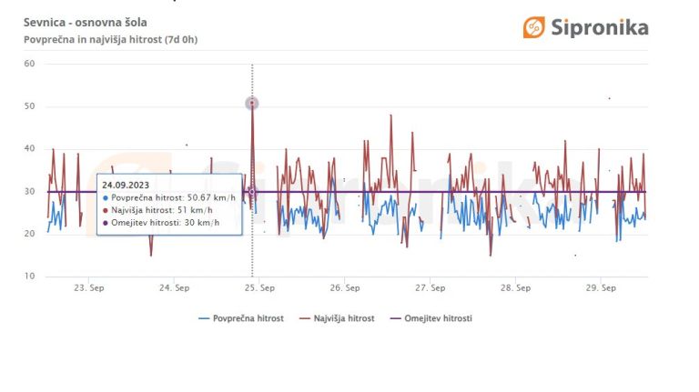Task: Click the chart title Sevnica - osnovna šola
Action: click(x=86, y=22)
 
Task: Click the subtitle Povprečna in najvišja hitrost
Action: click(x=110, y=39)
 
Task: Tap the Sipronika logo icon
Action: click(x=534, y=27)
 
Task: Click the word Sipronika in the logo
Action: click(x=599, y=27)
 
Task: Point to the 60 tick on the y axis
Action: click(x=29, y=64)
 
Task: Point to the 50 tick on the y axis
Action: click(x=29, y=106)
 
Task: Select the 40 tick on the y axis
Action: click(x=29, y=148)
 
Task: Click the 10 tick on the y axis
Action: click(x=29, y=276)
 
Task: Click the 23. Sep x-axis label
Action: click(x=87, y=288)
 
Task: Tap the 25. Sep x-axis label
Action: click(x=258, y=288)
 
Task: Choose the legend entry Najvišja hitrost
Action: click(x=343, y=318)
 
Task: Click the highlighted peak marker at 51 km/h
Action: click(x=252, y=104)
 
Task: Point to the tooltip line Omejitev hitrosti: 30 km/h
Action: click(x=166, y=223)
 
